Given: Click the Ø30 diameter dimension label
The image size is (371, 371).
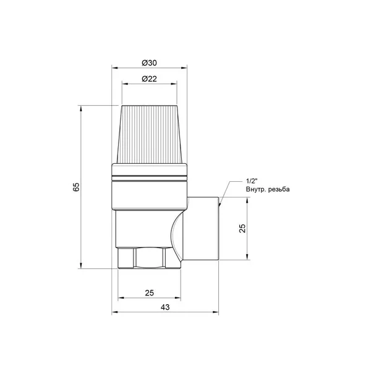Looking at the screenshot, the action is tap(149, 63).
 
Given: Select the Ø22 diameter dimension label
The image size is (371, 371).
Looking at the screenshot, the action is tap(149, 79).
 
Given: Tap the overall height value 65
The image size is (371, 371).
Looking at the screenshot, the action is tap(76, 187).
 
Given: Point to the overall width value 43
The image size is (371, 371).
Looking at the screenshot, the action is tap(165, 307).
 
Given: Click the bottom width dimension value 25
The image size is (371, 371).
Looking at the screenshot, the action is tap(149, 293).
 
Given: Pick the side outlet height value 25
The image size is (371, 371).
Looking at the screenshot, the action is tap(242, 228).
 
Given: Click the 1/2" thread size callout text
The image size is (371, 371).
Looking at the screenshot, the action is tap(252, 181).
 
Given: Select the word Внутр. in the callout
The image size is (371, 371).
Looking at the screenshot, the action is tap(255, 189).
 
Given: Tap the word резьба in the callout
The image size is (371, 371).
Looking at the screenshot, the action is tap(279, 189).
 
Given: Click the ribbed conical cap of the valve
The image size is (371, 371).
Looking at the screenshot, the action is tap(149, 134).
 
